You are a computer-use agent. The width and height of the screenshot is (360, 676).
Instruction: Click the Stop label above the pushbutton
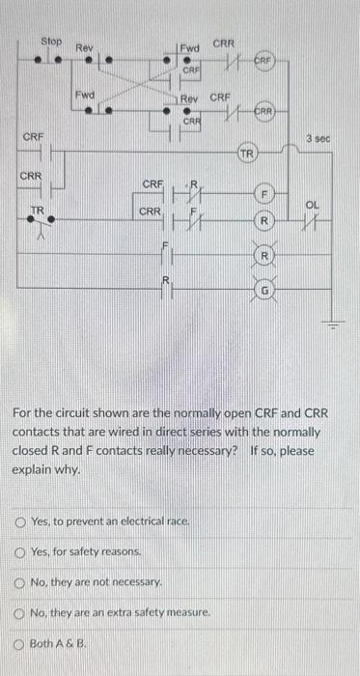coord(51,42)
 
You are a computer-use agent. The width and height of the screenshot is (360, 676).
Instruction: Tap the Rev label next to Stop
coord(85,46)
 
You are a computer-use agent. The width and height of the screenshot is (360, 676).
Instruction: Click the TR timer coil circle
coord(247,153)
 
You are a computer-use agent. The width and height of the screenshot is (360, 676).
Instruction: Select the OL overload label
coord(312,204)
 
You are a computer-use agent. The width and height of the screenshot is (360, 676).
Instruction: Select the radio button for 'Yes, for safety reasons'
coord(20,552)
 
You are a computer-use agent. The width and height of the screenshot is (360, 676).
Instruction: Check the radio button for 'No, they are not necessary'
coord(20,583)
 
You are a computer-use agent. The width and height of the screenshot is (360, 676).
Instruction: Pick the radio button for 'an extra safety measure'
coord(20,613)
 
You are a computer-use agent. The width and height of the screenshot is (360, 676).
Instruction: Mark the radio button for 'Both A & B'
coord(20,642)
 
